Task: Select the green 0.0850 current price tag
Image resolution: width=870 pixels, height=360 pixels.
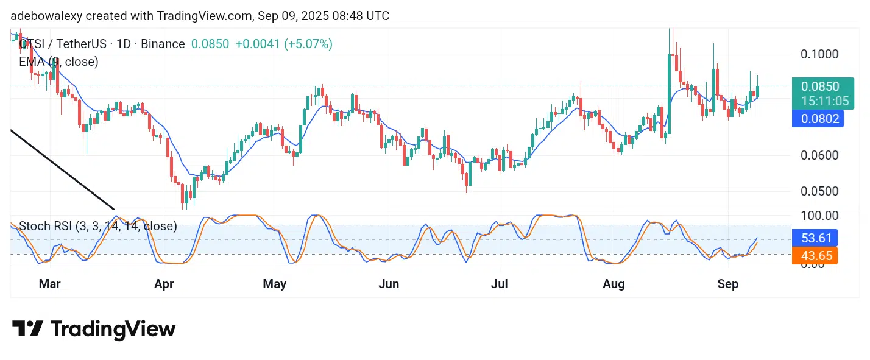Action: [821, 86]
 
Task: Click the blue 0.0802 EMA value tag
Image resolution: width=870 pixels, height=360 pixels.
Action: [817, 119]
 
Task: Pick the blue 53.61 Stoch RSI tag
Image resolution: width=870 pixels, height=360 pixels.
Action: [816, 238]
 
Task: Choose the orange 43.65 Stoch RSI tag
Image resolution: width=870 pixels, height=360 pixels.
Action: [816, 256]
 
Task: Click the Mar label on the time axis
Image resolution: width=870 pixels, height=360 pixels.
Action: [50, 284]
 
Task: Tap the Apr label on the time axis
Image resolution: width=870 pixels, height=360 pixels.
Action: [164, 284]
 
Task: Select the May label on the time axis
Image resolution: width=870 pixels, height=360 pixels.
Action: [275, 284]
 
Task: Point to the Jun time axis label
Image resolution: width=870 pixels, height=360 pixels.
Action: [389, 284]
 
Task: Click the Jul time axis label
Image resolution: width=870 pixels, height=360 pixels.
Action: [499, 284]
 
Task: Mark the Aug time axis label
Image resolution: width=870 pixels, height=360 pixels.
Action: [614, 284]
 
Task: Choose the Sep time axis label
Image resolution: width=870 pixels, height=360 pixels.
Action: [728, 284]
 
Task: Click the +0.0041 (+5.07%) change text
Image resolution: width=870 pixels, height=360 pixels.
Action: [284, 44]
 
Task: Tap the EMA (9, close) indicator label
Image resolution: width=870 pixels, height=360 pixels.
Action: [58, 62]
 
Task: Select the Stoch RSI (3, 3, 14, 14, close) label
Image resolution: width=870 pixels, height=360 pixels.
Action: [97, 227]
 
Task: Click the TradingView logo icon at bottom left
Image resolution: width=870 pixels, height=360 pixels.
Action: [27, 330]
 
